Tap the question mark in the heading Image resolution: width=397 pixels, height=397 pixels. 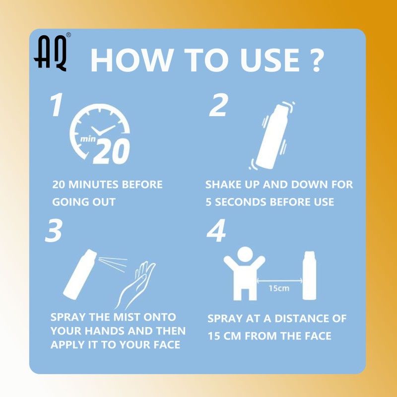pyautogui.click(x=316, y=60)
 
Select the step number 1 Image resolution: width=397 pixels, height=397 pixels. pyautogui.click(x=57, y=104)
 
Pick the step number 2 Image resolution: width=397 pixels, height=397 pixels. pyautogui.click(x=219, y=105)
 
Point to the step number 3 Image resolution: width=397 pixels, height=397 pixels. pyautogui.click(x=54, y=230)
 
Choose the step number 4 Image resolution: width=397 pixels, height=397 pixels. pyautogui.click(x=216, y=230)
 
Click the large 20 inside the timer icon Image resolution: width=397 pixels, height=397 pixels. pyautogui.click(x=111, y=151)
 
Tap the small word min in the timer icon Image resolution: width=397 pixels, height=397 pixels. pyautogui.click(x=88, y=139)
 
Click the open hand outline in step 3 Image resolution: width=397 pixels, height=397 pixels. pyautogui.click(x=135, y=285)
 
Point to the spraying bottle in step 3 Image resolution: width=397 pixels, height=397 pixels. pyautogui.click(x=80, y=274)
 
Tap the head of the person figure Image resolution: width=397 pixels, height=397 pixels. pyautogui.click(x=245, y=254)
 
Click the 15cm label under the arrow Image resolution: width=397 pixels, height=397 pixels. pyautogui.click(x=279, y=288)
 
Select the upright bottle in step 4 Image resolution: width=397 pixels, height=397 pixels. pyautogui.click(x=309, y=275)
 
